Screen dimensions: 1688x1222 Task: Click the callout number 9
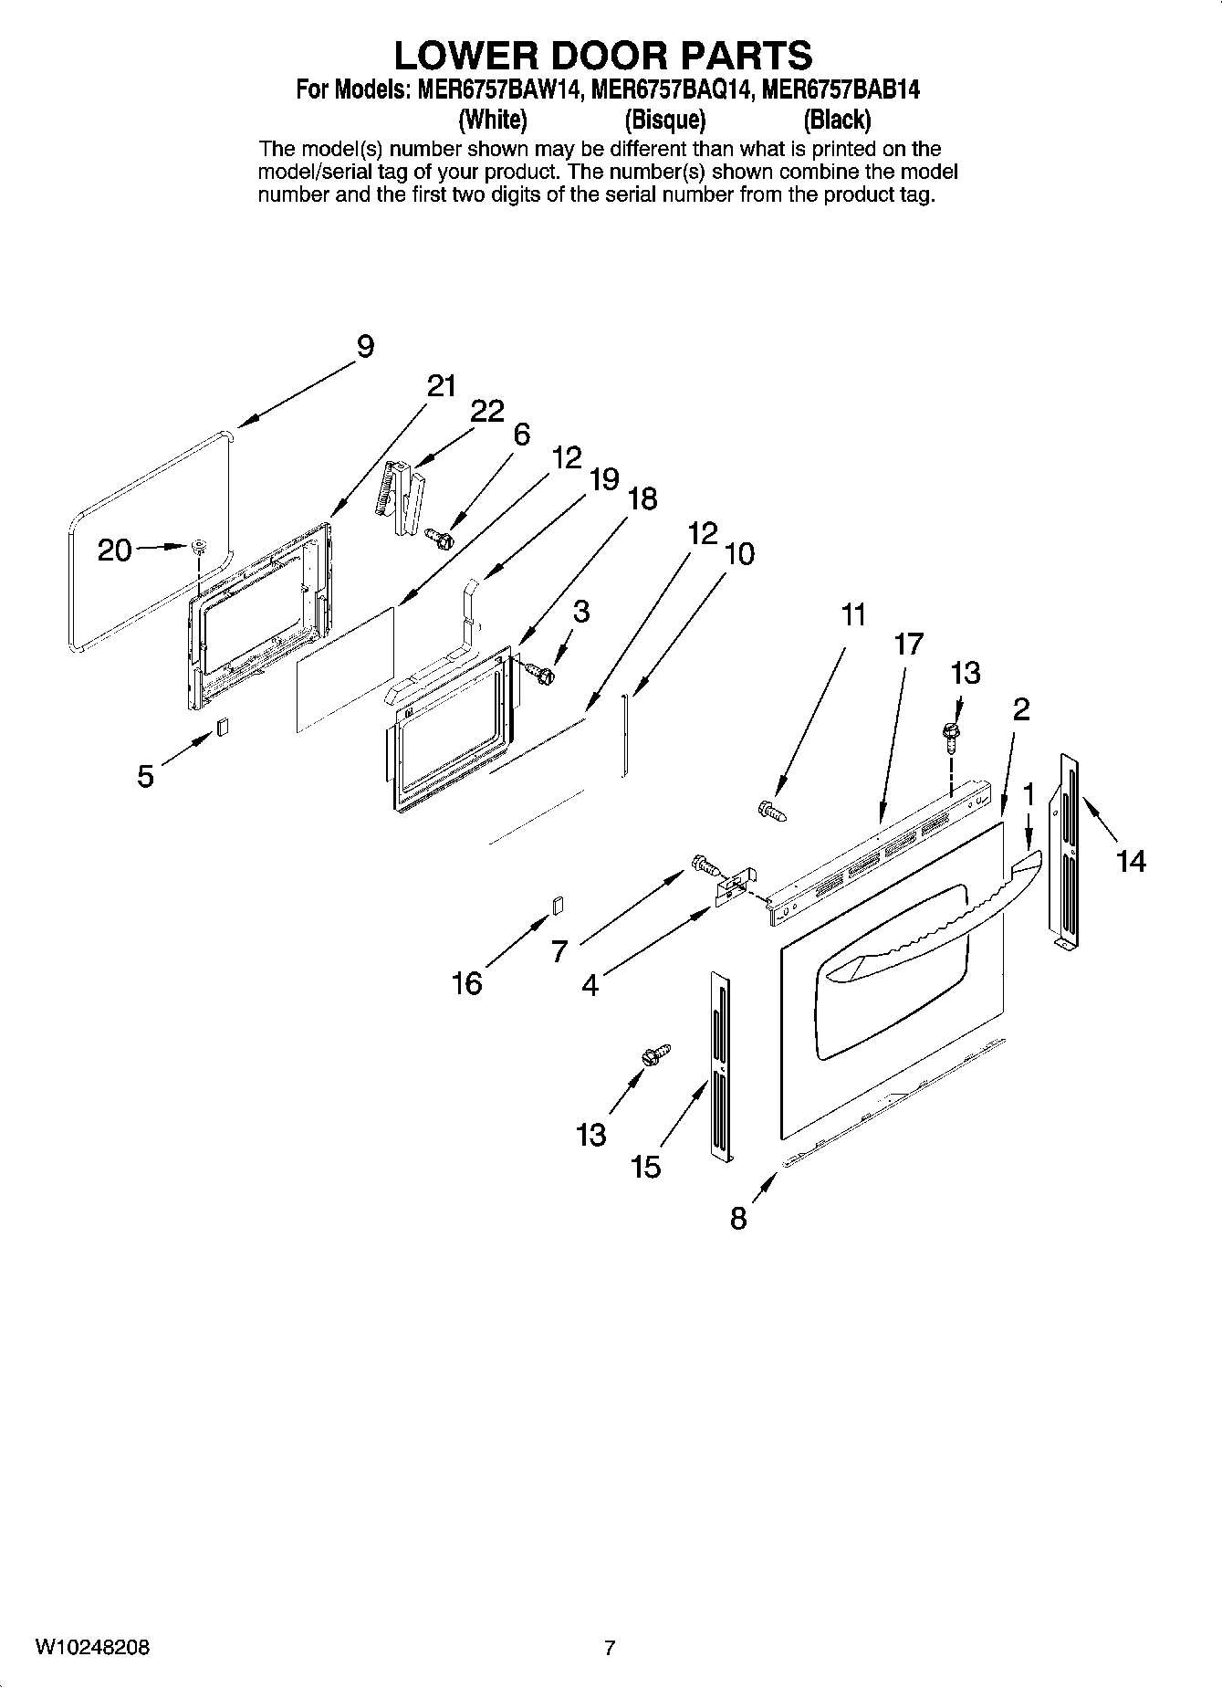click(364, 347)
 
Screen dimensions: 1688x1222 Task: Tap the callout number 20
click(115, 550)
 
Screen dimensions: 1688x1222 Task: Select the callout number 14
click(1131, 860)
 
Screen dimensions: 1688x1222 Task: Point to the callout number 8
click(738, 1218)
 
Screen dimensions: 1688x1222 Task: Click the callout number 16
click(467, 983)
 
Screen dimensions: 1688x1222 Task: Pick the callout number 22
click(487, 412)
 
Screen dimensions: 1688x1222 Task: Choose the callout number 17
click(909, 644)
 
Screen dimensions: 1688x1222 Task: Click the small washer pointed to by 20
click(197, 547)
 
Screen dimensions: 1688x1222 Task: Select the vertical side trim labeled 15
click(721, 1068)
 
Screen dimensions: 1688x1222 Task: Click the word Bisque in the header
click(665, 120)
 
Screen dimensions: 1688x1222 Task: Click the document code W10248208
click(92, 1648)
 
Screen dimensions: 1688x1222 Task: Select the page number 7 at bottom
click(610, 1648)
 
